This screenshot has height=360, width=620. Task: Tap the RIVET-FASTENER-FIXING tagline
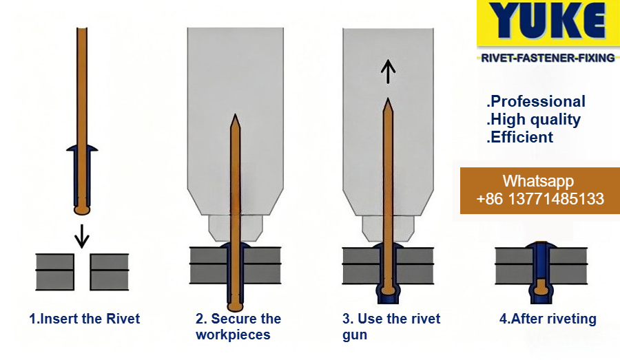(x=548, y=59)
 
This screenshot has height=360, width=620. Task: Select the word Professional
(x=536, y=102)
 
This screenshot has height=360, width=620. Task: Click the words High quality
(x=534, y=119)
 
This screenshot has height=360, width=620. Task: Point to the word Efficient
(x=520, y=137)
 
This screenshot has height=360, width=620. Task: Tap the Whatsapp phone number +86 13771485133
(x=540, y=200)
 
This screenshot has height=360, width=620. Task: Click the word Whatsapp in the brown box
(x=538, y=182)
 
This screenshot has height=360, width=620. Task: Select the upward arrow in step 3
(x=389, y=71)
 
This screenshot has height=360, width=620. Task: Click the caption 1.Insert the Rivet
(x=85, y=319)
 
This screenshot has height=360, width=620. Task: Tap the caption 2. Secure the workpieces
(x=238, y=327)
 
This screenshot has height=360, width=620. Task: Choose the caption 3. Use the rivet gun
(x=391, y=327)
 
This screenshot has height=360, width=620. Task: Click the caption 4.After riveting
(x=548, y=319)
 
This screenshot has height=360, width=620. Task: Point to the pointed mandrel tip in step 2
(x=235, y=120)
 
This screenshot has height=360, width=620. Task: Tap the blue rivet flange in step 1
(x=82, y=148)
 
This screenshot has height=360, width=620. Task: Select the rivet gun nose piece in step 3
(x=388, y=225)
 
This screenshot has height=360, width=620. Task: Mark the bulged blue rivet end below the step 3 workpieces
(x=389, y=295)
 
